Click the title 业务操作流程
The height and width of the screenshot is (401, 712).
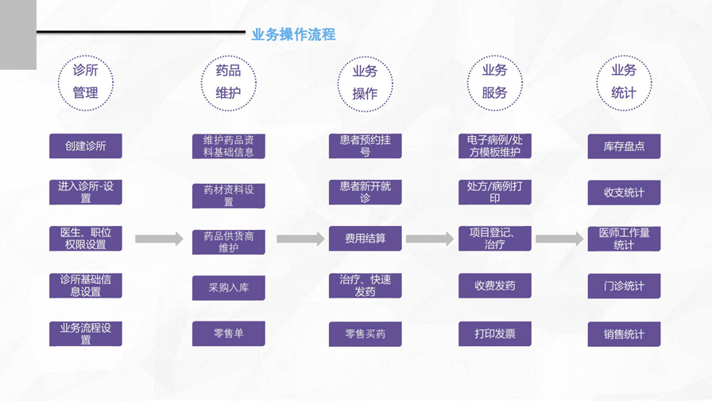pos(293,34)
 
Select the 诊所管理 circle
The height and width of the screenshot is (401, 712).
pos(86,82)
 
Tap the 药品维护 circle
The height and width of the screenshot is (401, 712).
pos(228,82)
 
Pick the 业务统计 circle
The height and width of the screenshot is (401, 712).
pos(624,82)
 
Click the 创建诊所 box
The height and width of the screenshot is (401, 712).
pos(86,146)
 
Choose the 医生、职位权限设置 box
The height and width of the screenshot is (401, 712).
pos(86,239)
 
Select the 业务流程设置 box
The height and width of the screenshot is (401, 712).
pos(86,333)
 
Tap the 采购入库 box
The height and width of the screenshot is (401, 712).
pos(229,287)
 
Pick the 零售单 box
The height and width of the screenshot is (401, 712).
pos(229,333)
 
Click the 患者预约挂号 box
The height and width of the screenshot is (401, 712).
pos(366,146)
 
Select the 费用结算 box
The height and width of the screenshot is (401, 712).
pos(366,239)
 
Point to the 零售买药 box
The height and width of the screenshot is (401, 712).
pos(366,334)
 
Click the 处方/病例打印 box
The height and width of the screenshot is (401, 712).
pos(494,193)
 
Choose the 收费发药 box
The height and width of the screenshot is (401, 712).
pos(494,286)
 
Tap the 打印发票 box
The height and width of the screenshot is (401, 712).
pos(494,334)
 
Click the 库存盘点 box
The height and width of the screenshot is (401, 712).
pos(624,146)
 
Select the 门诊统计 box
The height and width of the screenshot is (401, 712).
pos(624,286)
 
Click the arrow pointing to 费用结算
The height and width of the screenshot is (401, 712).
pos(301,239)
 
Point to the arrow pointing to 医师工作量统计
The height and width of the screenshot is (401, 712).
pos(559,239)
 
